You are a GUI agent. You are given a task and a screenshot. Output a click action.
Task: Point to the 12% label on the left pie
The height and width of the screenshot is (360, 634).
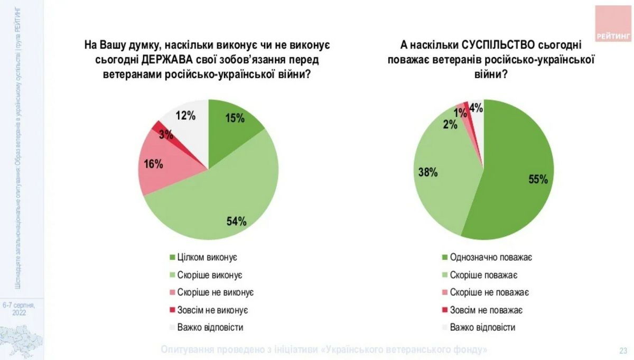coord(185,115)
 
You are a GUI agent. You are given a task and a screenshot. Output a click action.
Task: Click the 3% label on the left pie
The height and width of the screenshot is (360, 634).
coord(165,134)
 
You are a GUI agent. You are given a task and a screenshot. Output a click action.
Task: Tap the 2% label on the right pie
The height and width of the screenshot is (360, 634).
coord(450,124)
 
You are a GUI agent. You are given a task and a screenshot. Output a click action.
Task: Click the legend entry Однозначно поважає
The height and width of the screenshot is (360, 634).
coord(490,257)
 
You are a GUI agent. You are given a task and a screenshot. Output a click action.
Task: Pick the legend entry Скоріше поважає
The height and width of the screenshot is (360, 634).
coord(483,275)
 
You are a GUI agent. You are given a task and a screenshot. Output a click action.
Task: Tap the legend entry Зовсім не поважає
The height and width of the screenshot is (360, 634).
coord(486,310)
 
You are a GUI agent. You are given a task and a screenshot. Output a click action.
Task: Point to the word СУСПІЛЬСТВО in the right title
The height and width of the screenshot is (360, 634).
coord(496,45)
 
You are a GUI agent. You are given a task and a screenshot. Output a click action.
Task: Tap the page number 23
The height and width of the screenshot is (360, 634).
coord(623,350)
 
